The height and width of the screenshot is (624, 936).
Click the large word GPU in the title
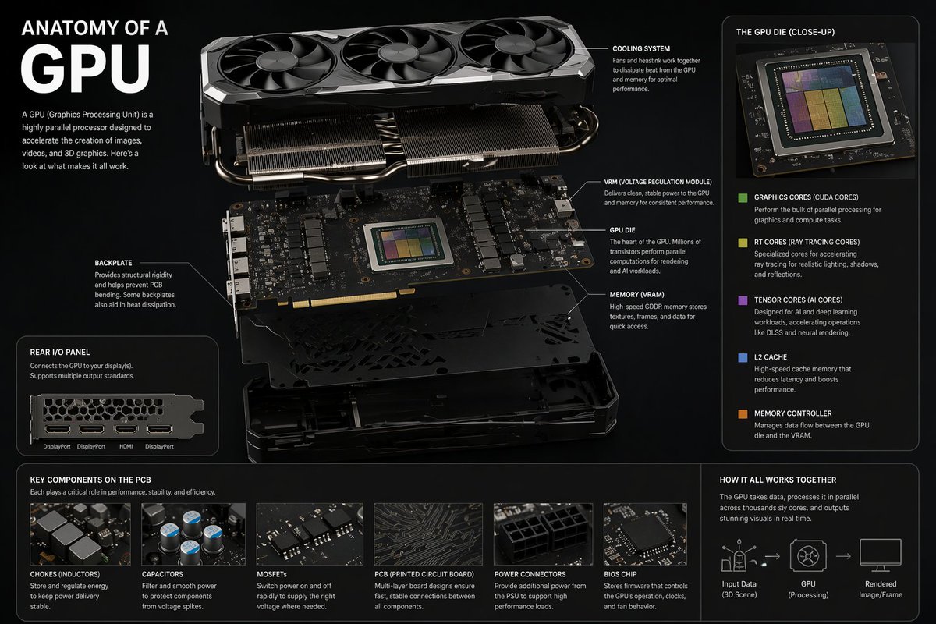click(85, 69)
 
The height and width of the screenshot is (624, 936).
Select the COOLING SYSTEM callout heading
click(641, 49)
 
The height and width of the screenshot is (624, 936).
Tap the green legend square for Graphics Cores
click(743, 197)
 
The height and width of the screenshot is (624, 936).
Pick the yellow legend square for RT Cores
click(743, 243)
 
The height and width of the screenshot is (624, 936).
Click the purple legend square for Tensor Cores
click(743, 300)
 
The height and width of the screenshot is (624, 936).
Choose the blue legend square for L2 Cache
click(743, 358)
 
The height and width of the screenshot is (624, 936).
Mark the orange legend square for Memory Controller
click(743, 413)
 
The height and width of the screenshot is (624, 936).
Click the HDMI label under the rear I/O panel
click(126, 446)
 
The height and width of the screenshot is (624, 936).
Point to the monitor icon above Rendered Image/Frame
click(881, 555)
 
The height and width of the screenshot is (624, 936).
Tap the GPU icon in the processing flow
click(808, 556)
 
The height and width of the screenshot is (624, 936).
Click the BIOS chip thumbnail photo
click(645, 534)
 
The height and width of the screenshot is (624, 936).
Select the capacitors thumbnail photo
click(193, 534)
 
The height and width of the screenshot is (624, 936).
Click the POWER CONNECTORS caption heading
click(530, 574)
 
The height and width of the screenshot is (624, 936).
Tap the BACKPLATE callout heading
click(113, 263)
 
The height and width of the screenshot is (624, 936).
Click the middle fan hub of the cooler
click(397, 53)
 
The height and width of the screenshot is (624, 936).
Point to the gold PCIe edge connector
click(346, 299)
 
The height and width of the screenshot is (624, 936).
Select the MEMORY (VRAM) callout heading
click(636, 295)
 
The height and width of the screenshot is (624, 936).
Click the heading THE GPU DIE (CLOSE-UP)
click(785, 32)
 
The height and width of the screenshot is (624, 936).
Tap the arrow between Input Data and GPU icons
click(772, 556)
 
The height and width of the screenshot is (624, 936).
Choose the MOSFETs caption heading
click(271, 574)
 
